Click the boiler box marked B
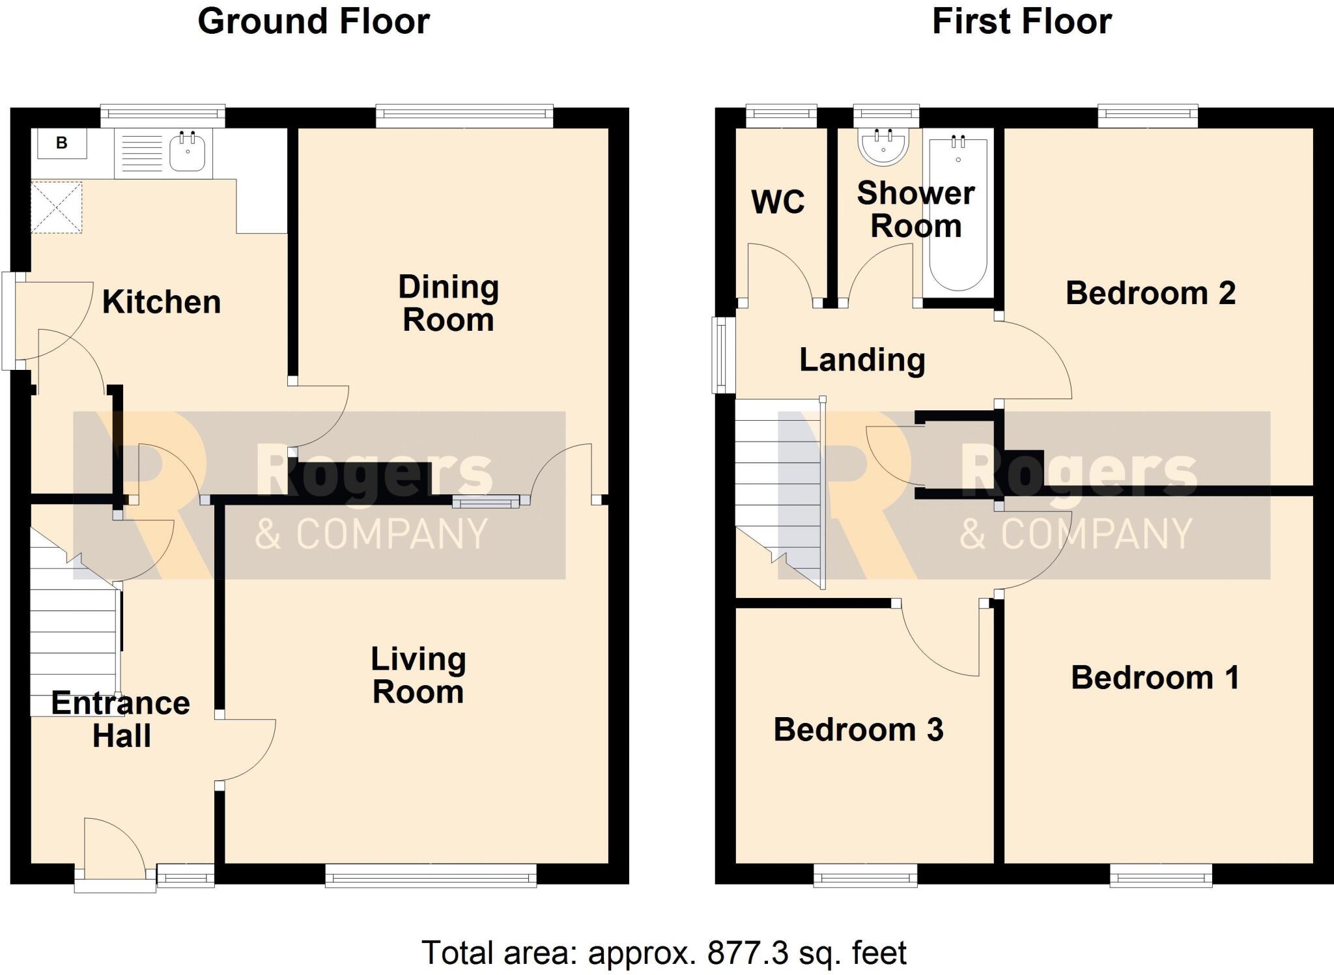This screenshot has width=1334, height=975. [x=62, y=143]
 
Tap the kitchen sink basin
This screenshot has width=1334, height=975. [x=187, y=152]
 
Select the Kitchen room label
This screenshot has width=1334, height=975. [x=162, y=302]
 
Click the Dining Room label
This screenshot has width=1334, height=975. [x=448, y=304]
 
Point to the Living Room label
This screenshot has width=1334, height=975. [x=418, y=675]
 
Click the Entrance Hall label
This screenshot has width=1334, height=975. [x=121, y=720]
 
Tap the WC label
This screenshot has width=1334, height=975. [x=778, y=202]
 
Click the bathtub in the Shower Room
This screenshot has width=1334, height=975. [x=958, y=215]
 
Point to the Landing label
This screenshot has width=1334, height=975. [x=862, y=360]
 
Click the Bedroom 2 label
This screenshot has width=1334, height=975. [x=1150, y=293]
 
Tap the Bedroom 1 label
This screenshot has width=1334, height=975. [x=1155, y=678]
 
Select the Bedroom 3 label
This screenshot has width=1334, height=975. [x=858, y=729]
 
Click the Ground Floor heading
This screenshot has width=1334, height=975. [x=313, y=21]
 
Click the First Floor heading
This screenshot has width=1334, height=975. [x=1021, y=21]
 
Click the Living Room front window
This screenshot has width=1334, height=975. [x=431, y=875]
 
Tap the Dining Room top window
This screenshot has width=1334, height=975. [x=464, y=117]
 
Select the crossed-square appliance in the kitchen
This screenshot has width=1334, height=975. [x=57, y=207]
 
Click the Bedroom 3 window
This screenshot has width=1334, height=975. [x=865, y=875]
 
